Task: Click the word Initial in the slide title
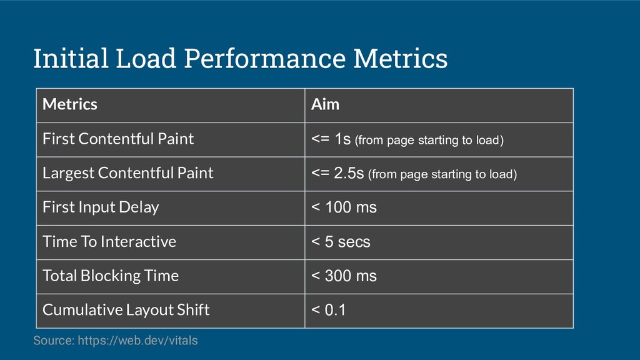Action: [x=71, y=58]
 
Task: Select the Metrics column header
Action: [x=70, y=104]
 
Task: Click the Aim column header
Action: [x=325, y=104]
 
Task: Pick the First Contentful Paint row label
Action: [x=118, y=139]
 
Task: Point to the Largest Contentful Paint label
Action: [x=127, y=173]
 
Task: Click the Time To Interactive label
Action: [x=109, y=242]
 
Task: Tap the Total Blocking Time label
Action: [x=110, y=276]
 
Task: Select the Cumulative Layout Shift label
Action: [x=126, y=310]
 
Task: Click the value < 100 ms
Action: [x=344, y=207]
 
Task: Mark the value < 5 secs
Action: [x=341, y=242]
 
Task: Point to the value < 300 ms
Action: [x=344, y=276]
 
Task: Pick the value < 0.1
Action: [x=328, y=310]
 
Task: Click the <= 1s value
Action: [x=331, y=139]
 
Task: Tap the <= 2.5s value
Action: [x=337, y=174]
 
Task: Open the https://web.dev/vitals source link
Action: [x=137, y=341]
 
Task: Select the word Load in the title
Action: [x=146, y=58]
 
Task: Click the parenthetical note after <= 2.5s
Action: [x=442, y=175]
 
